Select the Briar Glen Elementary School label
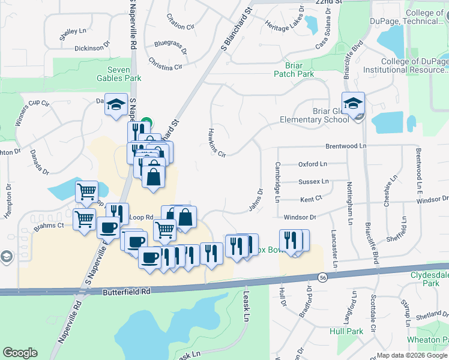[314, 115]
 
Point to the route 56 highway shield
[323, 277]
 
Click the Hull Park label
[346, 331]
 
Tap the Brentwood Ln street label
[345, 146]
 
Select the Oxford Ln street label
[313, 164]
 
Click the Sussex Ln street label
[314, 181]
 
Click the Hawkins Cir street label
[216, 142]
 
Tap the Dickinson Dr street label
[92, 47]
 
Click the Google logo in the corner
[20, 353]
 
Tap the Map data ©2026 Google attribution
[411, 355]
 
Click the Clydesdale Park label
[429, 278]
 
